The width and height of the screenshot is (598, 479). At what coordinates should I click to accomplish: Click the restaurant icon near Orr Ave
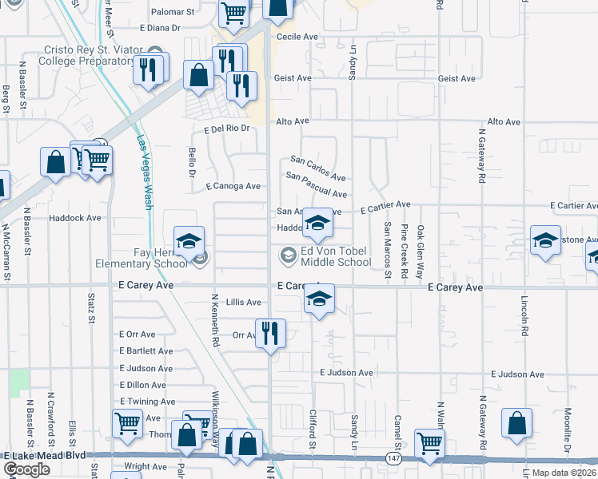point(270,334)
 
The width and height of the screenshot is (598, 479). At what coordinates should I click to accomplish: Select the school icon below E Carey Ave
point(318,299)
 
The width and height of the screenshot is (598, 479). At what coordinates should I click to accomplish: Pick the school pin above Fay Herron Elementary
point(189,241)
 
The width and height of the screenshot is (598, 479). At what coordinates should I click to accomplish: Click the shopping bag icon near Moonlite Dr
point(516,423)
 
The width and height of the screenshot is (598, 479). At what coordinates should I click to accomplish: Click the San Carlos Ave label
point(317,168)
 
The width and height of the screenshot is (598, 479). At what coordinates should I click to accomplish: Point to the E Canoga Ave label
point(233,187)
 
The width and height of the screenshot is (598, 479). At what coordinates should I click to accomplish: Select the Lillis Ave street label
point(244,303)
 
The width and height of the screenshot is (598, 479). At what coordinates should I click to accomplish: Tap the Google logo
point(26,469)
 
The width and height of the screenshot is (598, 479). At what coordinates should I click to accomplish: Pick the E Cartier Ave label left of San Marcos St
point(385,208)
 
